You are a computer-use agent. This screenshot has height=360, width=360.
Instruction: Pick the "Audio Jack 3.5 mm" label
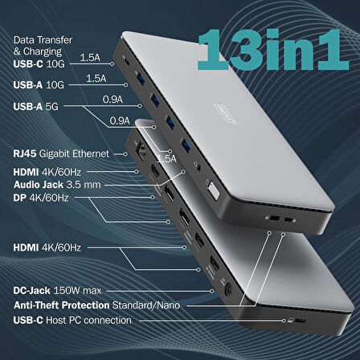(56, 184)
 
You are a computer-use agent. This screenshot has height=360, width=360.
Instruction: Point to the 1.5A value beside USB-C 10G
(90, 58)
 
